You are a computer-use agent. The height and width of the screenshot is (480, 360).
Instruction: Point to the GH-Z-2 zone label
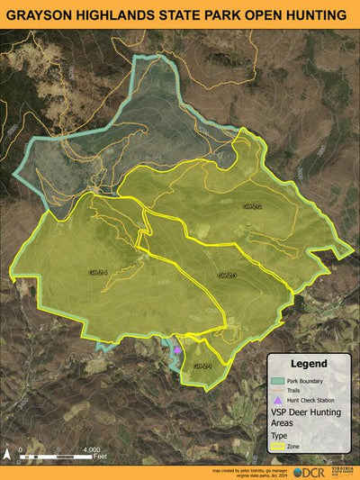tap(253, 206)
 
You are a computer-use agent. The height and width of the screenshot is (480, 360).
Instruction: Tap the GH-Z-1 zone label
tap(202, 367)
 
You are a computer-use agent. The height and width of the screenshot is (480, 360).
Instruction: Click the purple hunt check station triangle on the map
tap(178, 349)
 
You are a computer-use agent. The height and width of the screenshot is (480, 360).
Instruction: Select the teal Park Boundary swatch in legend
tap(279, 381)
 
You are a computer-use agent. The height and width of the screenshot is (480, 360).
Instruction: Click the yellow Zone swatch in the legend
tap(279, 445)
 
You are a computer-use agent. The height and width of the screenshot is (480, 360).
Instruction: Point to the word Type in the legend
tap(280, 433)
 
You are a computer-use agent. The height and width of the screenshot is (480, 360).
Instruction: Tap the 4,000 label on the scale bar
tap(91, 449)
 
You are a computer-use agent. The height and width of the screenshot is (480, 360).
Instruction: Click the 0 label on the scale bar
tap(20, 449)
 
